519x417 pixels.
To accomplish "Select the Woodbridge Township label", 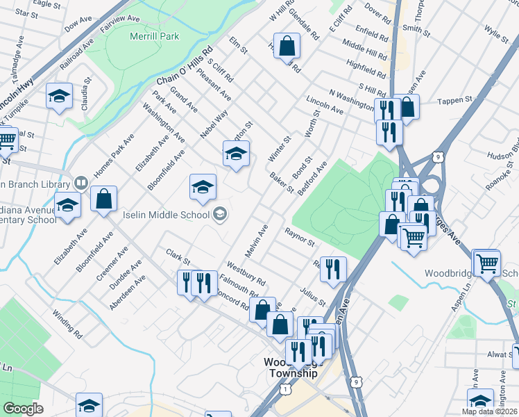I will [x=291, y=368].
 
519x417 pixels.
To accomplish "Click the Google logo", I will [x=24, y=409].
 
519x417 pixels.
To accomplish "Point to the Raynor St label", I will [x=300, y=237].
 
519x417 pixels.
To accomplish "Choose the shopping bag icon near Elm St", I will [x=287, y=46].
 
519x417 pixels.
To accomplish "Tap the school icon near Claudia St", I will [x=60, y=96].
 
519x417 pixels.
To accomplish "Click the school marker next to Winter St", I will [x=236, y=153].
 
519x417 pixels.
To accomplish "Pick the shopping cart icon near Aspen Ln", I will [x=486, y=262].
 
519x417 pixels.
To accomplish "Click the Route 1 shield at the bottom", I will [x=285, y=391].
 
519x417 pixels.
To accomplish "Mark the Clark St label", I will [x=178, y=256].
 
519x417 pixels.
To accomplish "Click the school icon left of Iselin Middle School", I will [x=68, y=206].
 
